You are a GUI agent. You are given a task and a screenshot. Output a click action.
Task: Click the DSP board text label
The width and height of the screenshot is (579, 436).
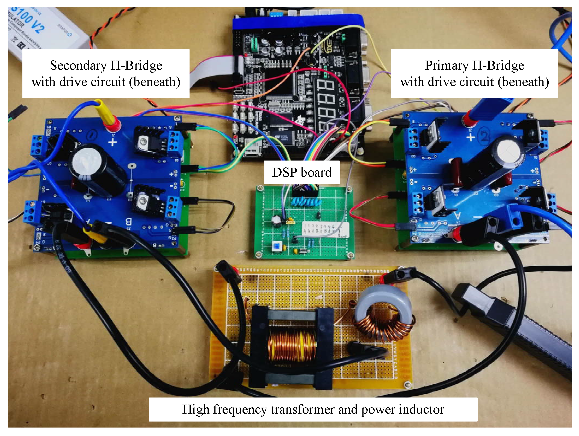302,173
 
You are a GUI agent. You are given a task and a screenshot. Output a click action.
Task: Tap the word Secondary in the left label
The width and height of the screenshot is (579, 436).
78,66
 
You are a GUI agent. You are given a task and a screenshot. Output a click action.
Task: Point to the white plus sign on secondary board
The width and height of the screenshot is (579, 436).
112,142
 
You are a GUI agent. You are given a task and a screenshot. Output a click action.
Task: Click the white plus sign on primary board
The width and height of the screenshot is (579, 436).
470,137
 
